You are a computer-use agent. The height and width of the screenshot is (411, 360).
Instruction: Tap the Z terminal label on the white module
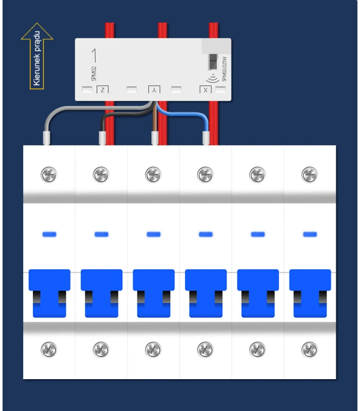(103, 90)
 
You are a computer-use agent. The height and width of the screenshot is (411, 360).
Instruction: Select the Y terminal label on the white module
(154, 90)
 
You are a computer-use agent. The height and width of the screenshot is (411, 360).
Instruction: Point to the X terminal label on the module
(205, 90)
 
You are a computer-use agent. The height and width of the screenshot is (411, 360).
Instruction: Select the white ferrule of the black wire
(101, 138)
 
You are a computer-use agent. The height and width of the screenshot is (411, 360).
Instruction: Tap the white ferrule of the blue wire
(206, 138)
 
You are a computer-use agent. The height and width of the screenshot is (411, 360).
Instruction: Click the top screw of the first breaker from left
(49, 175)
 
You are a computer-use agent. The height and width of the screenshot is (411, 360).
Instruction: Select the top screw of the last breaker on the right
(310, 175)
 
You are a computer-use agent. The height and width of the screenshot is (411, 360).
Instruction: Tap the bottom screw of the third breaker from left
(153, 349)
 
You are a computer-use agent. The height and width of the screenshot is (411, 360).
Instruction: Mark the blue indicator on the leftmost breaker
(49, 234)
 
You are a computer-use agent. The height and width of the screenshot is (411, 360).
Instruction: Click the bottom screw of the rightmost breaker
(310, 349)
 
